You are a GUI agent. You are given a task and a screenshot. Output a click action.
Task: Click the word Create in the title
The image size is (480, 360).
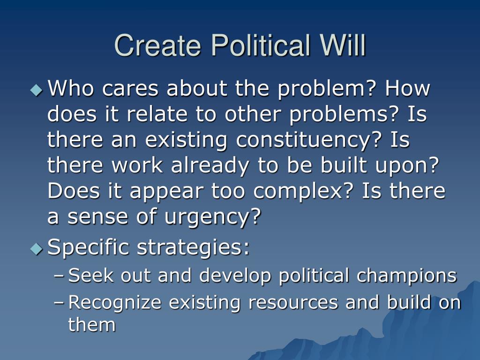tap(157, 45)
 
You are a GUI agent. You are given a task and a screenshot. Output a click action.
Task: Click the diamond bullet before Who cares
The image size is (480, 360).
tap(37, 90)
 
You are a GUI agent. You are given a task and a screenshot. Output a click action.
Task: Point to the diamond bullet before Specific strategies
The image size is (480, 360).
tap(37, 249)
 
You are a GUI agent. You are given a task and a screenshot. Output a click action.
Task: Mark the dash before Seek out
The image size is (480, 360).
tap(59, 276)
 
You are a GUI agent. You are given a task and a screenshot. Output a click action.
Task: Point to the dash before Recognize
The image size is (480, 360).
tap(59, 302)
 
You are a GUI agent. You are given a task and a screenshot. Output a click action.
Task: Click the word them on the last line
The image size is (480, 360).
tap(92, 324)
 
